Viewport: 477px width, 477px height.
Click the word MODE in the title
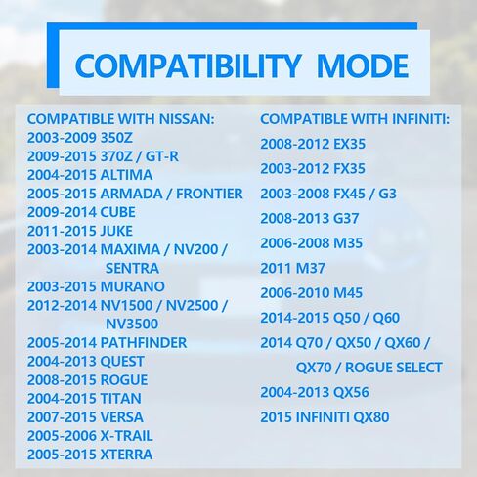[363, 65]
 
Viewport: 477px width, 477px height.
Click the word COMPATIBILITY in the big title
[188, 65]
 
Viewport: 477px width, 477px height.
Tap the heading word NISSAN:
[187, 119]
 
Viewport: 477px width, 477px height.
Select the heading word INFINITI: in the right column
[420, 119]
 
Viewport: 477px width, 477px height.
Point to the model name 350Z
[116, 138]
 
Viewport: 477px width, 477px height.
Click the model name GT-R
[162, 156]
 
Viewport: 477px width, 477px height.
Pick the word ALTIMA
[126, 175]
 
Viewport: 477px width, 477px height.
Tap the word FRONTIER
[209, 194]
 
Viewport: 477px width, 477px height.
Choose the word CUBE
[117, 212]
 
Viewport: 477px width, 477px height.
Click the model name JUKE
[116, 231]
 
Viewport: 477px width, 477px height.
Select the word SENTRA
[132, 269]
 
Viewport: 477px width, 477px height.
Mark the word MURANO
[133, 286]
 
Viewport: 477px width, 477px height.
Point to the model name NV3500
[132, 325]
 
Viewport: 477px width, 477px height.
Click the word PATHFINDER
[144, 343]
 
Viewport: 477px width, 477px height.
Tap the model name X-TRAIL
[126, 436]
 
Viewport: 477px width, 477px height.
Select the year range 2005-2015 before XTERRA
[63, 455]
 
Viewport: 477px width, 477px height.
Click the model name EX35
[349, 144]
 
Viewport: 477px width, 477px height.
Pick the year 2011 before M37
[276, 269]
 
